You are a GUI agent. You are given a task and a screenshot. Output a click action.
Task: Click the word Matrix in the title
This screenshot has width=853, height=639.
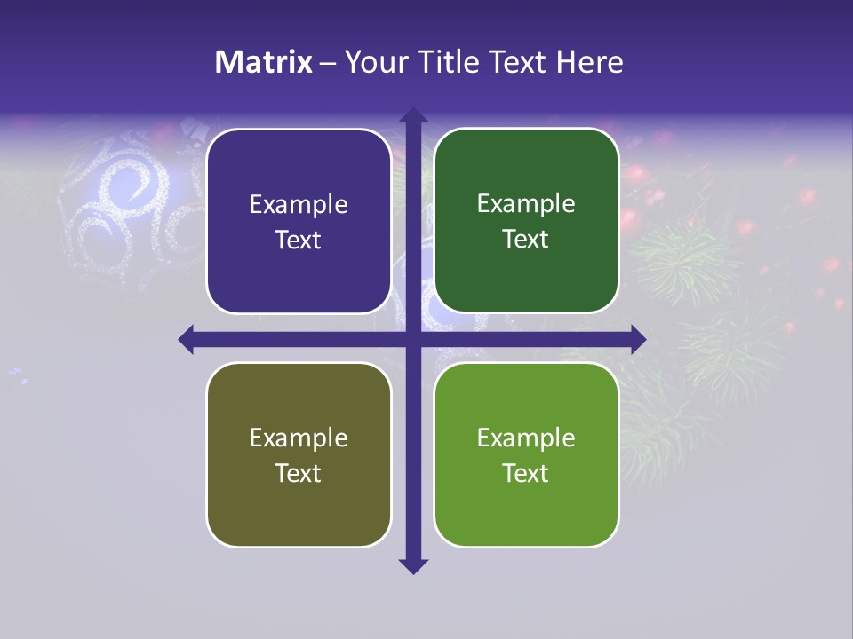264,62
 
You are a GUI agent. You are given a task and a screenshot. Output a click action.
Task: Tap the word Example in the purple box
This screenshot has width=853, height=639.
299,205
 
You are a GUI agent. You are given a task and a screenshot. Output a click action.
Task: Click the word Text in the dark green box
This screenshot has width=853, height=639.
526,239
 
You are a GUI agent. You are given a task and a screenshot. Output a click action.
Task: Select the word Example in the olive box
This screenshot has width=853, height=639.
299,438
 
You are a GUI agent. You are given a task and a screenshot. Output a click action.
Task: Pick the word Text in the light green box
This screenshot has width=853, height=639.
526,473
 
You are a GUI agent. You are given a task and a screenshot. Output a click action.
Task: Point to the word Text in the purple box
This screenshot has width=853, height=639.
299,240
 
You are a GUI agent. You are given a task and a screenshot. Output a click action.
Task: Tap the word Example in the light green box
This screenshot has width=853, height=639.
526,438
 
